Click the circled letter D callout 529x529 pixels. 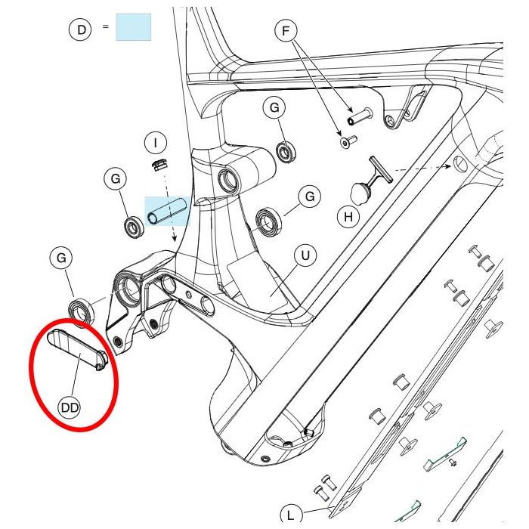point(80,29)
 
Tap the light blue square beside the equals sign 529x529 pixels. point(133,27)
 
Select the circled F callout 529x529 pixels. point(286,31)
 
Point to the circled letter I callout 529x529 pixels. point(155,143)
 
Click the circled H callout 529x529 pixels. point(348,216)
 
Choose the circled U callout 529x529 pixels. point(305,255)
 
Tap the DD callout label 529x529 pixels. point(70,408)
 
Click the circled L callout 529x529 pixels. point(291,515)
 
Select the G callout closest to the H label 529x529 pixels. point(310,196)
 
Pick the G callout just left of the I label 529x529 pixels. point(116,179)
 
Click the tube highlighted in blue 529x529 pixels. point(167,211)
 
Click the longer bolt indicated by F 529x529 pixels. point(360,116)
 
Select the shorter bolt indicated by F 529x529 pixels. point(348,141)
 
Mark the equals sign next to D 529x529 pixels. point(106,26)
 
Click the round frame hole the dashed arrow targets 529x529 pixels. point(460,165)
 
